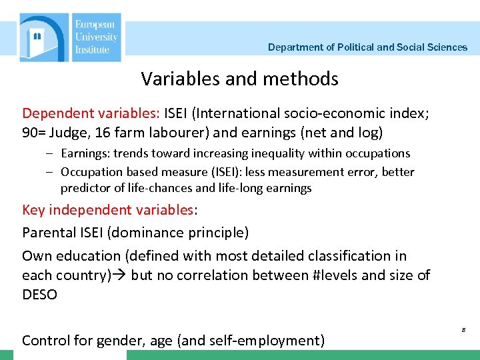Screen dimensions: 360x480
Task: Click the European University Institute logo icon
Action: [43, 38]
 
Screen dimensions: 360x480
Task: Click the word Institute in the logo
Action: [92, 49]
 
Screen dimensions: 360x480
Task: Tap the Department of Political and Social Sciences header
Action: [367, 47]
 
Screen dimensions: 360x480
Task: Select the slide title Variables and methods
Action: [239, 79]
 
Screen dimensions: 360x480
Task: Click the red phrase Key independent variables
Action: [107, 210]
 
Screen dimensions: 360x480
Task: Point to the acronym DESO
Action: [40, 294]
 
